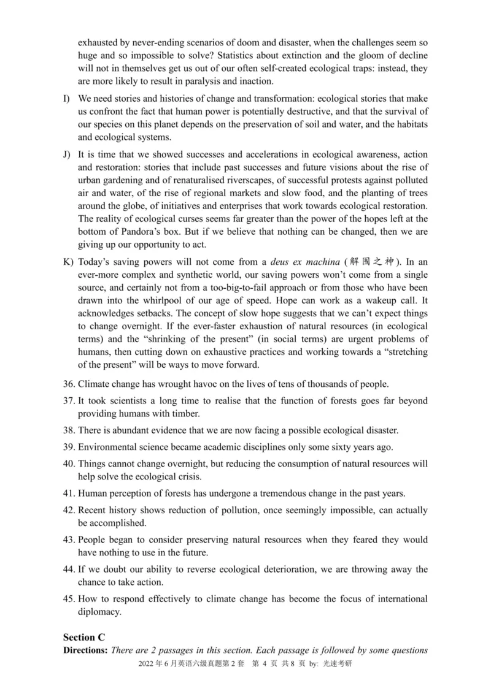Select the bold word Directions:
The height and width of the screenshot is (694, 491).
pos(85,650)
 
